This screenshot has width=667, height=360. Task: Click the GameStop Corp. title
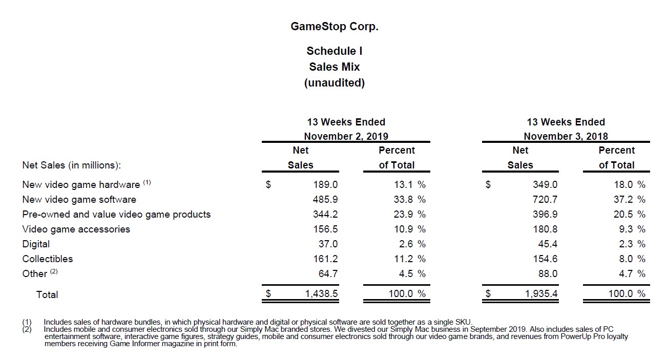[x=334, y=27]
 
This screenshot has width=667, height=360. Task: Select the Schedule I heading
[x=334, y=51]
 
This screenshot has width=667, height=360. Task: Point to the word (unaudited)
[x=334, y=83]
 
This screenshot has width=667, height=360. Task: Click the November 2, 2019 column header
[x=346, y=136]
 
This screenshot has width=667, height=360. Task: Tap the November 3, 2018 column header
[x=566, y=136]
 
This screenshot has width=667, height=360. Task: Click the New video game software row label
[x=79, y=199]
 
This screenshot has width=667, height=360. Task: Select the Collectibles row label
[x=48, y=259]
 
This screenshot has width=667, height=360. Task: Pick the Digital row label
[x=36, y=244]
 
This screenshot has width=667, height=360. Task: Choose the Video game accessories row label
[x=76, y=229]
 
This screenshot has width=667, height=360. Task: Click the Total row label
[x=47, y=294]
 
